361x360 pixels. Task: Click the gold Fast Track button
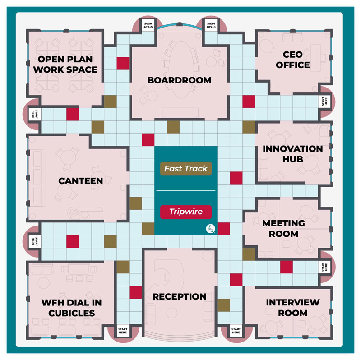(186, 168)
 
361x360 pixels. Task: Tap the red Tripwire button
(186, 212)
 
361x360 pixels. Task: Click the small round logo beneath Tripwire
(210, 229)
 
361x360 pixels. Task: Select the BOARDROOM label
(179, 80)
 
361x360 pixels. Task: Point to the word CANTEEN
(81, 181)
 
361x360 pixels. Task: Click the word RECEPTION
(179, 296)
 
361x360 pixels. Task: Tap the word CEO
(292, 55)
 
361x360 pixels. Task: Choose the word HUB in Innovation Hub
(292, 159)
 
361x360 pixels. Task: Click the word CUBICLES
(72, 313)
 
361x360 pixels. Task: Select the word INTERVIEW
(293, 302)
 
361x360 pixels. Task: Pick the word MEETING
(284, 223)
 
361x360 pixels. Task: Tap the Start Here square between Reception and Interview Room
(236, 331)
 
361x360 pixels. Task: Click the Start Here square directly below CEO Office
(324, 102)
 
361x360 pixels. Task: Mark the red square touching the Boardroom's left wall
(123, 63)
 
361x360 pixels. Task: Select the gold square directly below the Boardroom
(173, 127)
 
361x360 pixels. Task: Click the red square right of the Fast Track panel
(236, 178)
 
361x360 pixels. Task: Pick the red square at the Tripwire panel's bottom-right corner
(223, 229)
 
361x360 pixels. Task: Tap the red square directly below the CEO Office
(249, 102)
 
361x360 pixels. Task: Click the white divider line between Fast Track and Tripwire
(186, 190)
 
